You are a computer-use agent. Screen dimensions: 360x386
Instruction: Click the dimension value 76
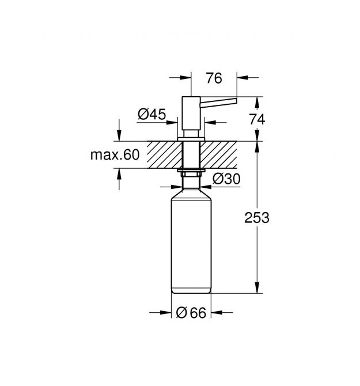(214, 78)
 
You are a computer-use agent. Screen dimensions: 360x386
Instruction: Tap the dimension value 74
(257, 120)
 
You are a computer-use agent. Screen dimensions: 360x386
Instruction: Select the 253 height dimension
(257, 218)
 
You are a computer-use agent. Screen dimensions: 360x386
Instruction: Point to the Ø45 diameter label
(152, 114)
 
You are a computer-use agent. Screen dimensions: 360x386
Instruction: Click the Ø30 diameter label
(226, 179)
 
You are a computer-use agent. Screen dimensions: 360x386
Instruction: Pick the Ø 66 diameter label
(191, 313)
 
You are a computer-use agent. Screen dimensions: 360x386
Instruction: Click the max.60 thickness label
(115, 155)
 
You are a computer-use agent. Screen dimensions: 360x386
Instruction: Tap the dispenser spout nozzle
(218, 103)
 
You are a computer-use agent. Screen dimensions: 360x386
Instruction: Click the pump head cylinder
(191, 113)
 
